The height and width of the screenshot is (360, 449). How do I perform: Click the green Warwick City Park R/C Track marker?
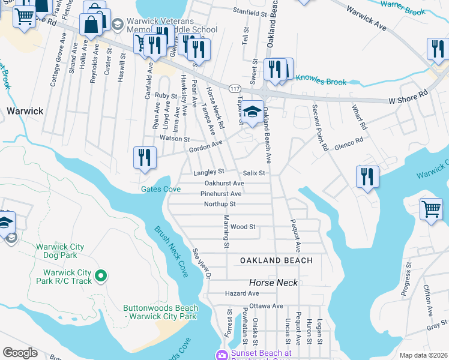[101, 276]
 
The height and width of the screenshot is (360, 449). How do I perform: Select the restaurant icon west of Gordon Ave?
[145, 158]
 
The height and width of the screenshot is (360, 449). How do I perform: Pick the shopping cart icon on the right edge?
[431, 211]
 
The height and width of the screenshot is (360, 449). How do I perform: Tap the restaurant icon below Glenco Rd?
[367, 177]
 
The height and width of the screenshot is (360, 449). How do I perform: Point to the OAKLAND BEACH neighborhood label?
[276, 260]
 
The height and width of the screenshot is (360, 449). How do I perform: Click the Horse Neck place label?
[274, 282]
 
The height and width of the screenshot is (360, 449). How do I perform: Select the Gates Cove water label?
[160, 189]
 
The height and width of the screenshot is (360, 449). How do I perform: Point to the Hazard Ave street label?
[242, 293]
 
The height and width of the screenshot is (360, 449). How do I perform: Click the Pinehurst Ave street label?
[221, 194]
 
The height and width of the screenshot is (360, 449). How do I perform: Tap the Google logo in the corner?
[20, 353]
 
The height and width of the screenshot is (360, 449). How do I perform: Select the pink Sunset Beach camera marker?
[222, 355]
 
